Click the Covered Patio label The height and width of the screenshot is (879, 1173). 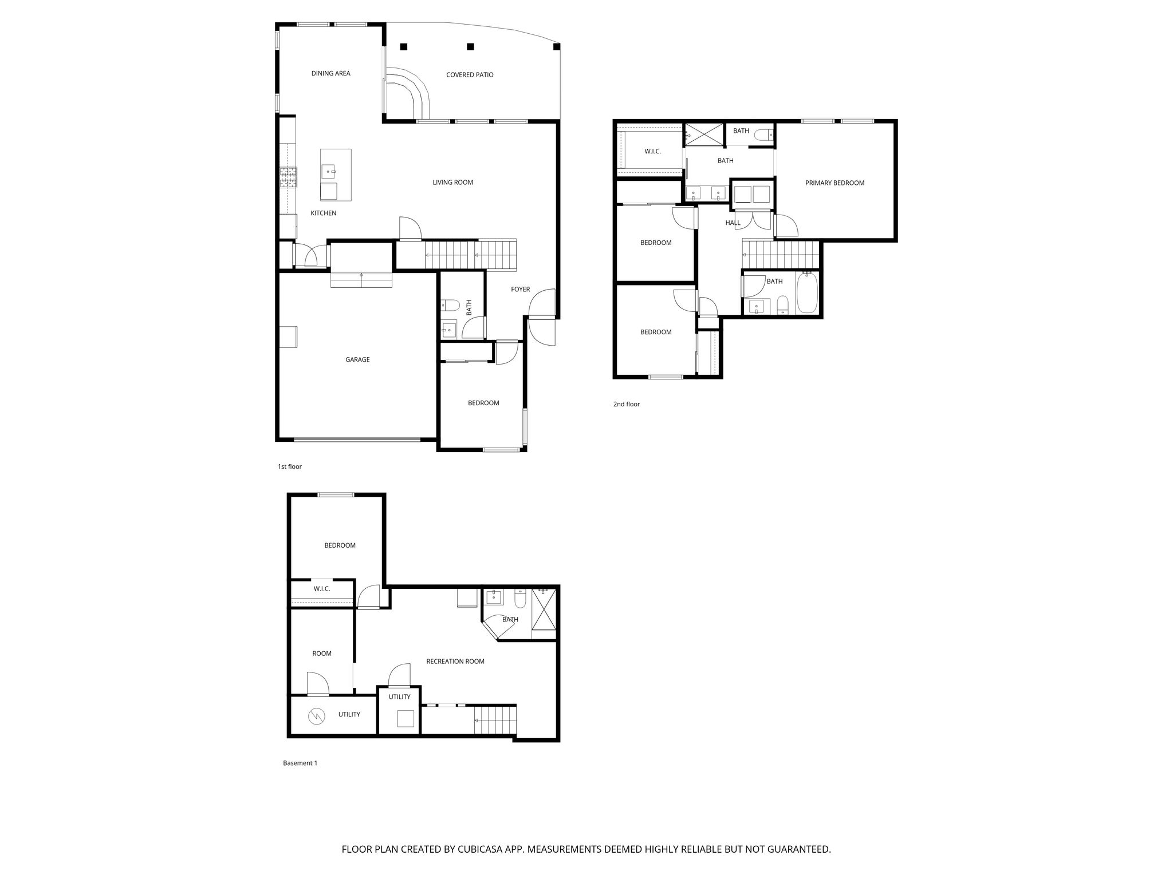[470, 75]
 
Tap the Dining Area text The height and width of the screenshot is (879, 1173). [330, 73]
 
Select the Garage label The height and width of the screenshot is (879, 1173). [357, 360]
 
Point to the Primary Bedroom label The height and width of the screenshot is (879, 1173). [835, 183]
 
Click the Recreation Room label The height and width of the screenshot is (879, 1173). [455, 662]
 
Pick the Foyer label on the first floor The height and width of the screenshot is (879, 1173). [521, 290]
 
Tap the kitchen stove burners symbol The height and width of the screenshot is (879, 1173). [289, 177]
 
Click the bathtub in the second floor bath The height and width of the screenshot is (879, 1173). [808, 293]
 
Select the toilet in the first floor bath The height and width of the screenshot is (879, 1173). [448, 304]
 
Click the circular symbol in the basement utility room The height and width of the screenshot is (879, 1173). [316, 715]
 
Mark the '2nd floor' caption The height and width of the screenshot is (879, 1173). [626, 405]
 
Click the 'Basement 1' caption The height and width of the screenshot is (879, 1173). [300, 763]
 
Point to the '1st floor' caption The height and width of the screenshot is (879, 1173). [289, 467]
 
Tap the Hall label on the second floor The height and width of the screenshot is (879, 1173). [733, 223]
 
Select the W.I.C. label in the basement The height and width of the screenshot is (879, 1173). [322, 589]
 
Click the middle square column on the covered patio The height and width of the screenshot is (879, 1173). [470, 46]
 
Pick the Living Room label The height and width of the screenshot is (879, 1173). [452, 183]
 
